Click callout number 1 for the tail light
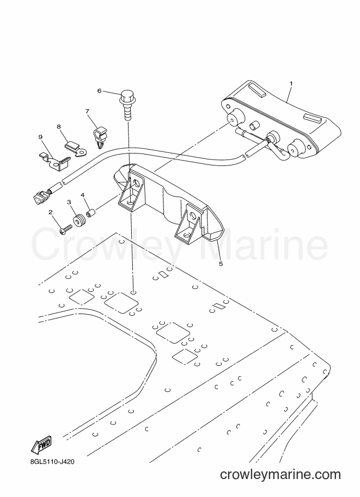(x=291, y=83)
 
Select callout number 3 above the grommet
(x=69, y=202)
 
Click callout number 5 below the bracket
(x=221, y=263)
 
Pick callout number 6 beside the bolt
(x=99, y=91)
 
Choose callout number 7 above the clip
(x=87, y=111)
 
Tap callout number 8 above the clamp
(x=59, y=126)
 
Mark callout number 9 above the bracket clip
(x=40, y=137)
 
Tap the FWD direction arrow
(x=41, y=444)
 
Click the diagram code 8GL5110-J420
(x=51, y=462)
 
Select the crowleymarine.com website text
(x=280, y=475)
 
